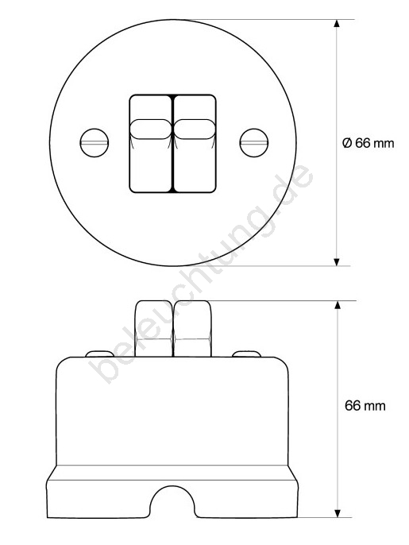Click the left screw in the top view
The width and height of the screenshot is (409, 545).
point(95,142)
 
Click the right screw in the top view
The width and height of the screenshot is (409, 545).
point(254,142)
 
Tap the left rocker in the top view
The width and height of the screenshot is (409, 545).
point(151,144)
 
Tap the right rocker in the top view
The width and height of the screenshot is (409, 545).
point(195,144)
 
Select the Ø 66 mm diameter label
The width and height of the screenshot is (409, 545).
point(368,143)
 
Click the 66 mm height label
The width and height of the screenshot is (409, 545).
point(365,406)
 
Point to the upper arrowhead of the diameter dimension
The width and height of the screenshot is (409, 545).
point(336,24)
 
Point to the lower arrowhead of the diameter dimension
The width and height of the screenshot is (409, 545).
point(336,262)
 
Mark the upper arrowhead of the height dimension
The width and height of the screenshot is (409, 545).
point(337,305)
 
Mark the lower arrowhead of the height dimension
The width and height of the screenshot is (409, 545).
point(337,513)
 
